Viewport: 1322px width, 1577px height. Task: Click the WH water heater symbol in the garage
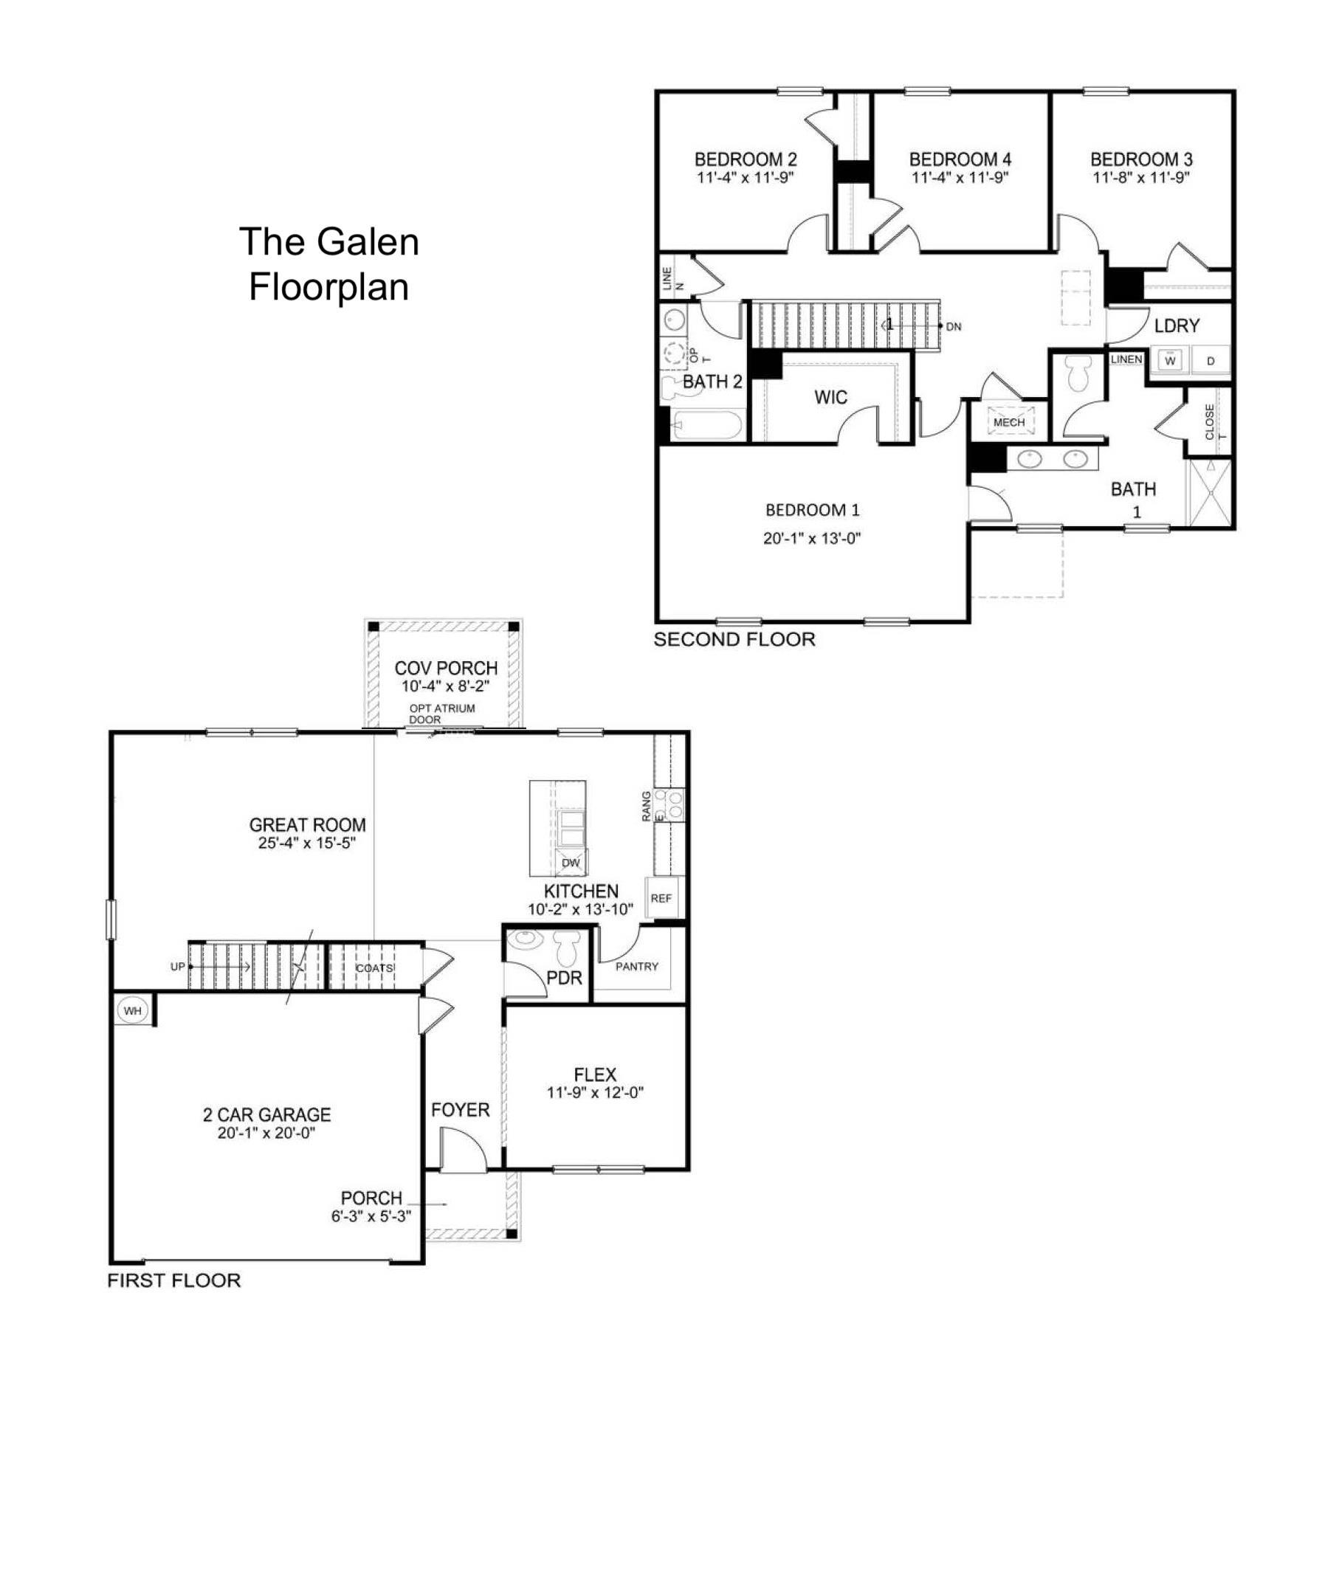(x=132, y=1011)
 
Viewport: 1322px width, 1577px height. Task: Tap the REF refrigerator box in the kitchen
(x=662, y=898)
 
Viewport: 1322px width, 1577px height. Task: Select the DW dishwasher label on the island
(x=571, y=863)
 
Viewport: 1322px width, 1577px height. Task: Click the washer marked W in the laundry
(x=1169, y=360)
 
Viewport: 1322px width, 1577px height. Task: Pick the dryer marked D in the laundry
(x=1211, y=361)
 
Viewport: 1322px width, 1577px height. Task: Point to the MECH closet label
(x=1009, y=422)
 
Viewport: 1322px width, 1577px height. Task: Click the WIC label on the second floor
(x=830, y=397)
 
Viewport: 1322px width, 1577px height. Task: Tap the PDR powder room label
(x=564, y=979)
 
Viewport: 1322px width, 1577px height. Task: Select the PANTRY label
(x=637, y=967)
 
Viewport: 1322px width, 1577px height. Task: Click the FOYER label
(x=461, y=1110)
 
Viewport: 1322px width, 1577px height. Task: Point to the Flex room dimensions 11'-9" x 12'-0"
(x=595, y=1093)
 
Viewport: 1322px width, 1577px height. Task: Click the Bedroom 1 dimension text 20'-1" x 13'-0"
(x=812, y=538)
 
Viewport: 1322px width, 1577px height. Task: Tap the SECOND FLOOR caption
(x=734, y=639)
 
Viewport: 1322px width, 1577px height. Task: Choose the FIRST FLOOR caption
(x=174, y=1280)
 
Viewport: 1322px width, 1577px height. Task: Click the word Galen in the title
(x=368, y=242)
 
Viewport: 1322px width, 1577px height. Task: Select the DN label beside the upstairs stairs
(x=954, y=327)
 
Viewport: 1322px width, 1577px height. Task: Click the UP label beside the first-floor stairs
(x=177, y=967)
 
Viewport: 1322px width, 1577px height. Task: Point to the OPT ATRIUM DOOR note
(x=441, y=714)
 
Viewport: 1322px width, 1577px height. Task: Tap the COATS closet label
(x=374, y=968)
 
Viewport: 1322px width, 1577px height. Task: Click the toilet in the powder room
(x=565, y=948)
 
